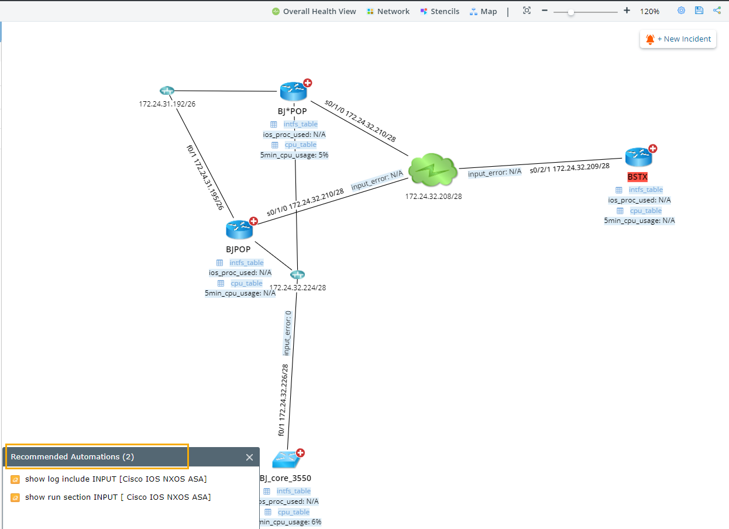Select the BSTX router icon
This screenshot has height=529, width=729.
point(638,157)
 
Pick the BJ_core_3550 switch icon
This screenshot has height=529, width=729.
point(286,459)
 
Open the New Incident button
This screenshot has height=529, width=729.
point(678,39)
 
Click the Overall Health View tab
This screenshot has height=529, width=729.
point(314,11)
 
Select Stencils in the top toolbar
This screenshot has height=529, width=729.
point(440,11)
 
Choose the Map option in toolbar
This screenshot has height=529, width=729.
point(483,11)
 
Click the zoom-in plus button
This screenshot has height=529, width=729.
point(627,11)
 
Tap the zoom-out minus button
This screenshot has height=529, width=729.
point(545,11)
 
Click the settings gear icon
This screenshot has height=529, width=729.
point(681,11)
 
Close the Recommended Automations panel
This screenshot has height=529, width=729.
point(249,457)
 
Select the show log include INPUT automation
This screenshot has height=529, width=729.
point(115,479)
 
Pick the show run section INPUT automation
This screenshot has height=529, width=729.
point(118,497)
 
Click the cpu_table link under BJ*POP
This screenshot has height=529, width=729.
point(300,145)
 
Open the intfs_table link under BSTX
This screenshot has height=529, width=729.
point(645,190)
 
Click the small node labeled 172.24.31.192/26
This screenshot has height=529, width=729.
point(167,91)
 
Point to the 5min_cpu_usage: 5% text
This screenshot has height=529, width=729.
point(294,155)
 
